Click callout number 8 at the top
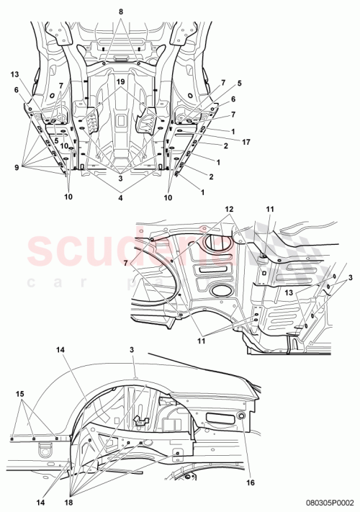click(x=121, y=12)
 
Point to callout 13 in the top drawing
click(x=14, y=74)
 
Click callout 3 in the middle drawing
click(x=350, y=277)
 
